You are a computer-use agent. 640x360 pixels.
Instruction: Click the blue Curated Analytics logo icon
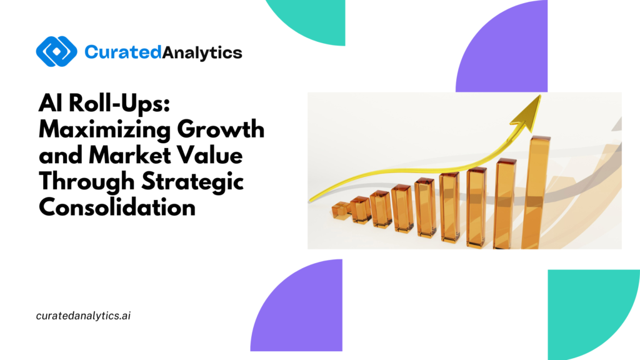click(x=57, y=51)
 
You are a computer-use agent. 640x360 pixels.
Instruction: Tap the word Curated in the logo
click(x=123, y=52)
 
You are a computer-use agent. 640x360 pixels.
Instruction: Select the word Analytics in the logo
click(x=202, y=53)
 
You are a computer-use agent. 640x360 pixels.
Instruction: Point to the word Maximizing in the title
click(x=105, y=131)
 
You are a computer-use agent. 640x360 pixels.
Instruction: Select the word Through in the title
click(x=86, y=182)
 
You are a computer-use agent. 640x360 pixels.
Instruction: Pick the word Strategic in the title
click(x=192, y=182)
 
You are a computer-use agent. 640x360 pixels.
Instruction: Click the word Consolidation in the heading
click(x=117, y=207)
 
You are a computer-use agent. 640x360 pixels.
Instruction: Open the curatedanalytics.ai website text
click(x=83, y=316)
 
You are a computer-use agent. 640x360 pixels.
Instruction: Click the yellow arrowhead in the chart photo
click(x=528, y=114)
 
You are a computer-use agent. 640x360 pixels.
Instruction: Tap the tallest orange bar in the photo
click(x=535, y=192)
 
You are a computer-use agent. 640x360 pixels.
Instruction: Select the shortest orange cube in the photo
click(x=341, y=210)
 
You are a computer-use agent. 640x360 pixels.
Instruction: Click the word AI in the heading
click(x=51, y=103)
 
